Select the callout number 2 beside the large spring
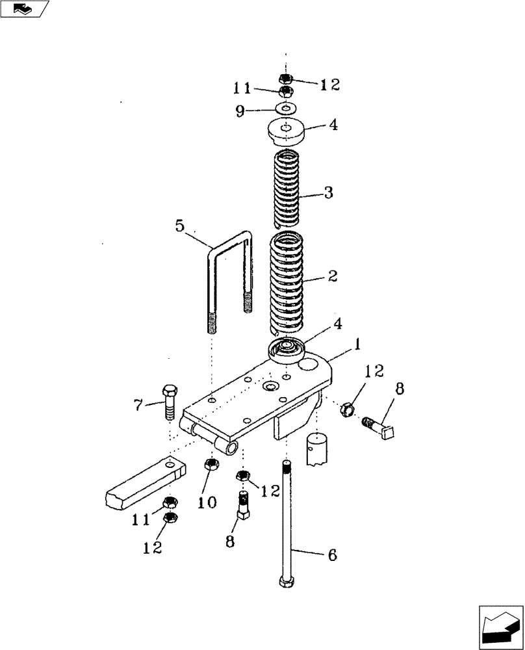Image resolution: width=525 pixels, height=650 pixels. coord(332,276)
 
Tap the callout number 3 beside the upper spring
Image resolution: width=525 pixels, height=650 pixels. coord(329,192)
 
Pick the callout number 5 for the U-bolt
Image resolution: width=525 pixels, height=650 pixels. coord(179,227)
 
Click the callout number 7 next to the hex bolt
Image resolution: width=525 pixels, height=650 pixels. coord(138,406)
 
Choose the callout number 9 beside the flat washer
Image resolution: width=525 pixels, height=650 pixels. coord(240,111)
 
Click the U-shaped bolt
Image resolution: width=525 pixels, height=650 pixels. coord(229,273)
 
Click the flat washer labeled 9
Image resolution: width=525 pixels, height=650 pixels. coord(286,108)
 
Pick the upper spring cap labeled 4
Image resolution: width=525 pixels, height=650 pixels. coord(287,133)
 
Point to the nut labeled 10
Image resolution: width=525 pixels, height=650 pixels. coord(211,464)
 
